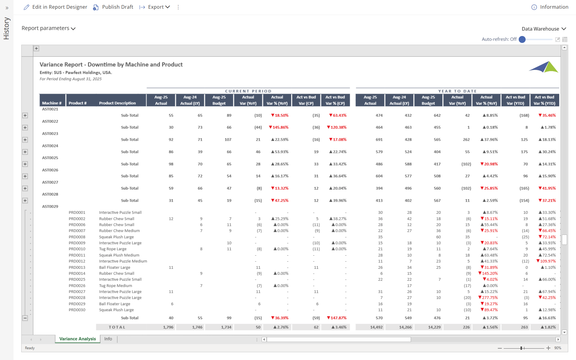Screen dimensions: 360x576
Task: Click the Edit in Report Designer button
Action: (x=55, y=7)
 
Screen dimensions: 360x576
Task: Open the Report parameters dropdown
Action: (x=49, y=28)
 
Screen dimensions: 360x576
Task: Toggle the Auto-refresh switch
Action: (x=522, y=39)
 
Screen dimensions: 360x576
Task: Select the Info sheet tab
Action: (x=108, y=339)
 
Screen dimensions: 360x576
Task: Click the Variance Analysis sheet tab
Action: (x=77, y=339)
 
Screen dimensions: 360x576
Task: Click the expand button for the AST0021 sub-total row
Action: (x=25, y=115)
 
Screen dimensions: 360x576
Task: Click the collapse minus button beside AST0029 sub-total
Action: (x=25, y=318)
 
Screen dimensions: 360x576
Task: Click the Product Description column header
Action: (x=117, y=103)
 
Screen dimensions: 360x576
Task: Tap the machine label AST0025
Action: (x=50, y=158)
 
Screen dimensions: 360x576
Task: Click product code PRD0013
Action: (x=77, y=267)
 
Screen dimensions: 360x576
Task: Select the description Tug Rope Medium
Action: (x=115, y=286)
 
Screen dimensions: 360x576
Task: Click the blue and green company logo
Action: (x=543, y=67)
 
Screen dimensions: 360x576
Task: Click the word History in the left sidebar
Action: (x=7, y=28)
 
